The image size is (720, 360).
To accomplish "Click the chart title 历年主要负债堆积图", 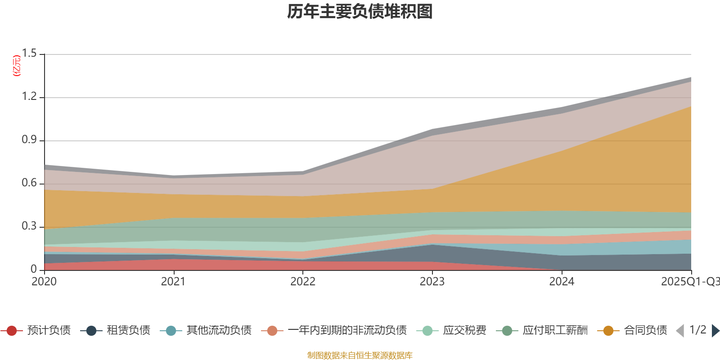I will click(x=360, y=12).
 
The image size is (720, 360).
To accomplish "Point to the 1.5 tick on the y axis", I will click(x=29, y=54).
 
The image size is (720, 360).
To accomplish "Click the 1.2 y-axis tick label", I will click(x=29, y=97).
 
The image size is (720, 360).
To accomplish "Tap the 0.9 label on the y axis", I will click(x=29, y=140).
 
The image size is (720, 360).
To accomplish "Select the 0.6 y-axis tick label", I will click(x=29, y=183).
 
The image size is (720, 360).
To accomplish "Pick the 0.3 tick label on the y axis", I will click(x=29, y=226).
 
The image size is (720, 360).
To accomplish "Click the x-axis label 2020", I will click(x=44, y=282).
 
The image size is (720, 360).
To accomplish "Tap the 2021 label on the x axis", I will click(x=173, y=282).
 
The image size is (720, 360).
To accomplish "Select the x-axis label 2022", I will click(x=303, y=282).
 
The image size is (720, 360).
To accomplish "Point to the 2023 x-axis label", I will click(x=432, y=282).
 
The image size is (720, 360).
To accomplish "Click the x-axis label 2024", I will click(x=562, y=282).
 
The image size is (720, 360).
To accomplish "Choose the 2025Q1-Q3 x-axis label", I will click(x=689, y=282).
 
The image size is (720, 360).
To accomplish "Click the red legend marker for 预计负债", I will click(x=12, y=331).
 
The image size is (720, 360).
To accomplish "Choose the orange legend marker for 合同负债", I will click(x=608, y=331).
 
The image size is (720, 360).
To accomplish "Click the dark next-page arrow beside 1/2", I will click(x=715, y=331).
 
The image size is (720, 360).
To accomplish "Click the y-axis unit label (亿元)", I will click(x=17, y=66).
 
